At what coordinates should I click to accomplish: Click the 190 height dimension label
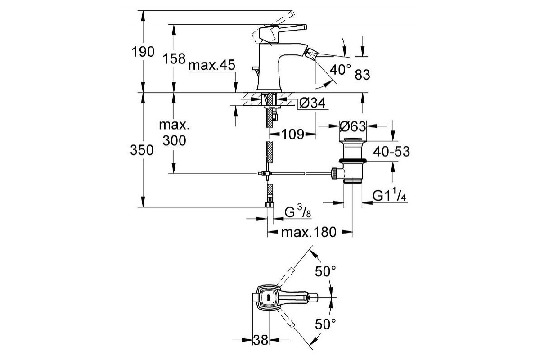[144, 52]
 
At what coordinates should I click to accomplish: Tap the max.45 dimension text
[212, 66]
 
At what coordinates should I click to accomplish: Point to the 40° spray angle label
[340, 70]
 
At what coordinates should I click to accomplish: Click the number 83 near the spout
[362, 75]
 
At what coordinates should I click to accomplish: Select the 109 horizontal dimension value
[293, 134]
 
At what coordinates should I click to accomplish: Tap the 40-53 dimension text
[390, 152]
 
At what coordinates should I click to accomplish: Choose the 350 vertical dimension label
[144, 151]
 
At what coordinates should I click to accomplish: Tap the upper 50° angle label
[326, 272]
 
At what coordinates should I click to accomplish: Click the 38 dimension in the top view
[261, 339]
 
